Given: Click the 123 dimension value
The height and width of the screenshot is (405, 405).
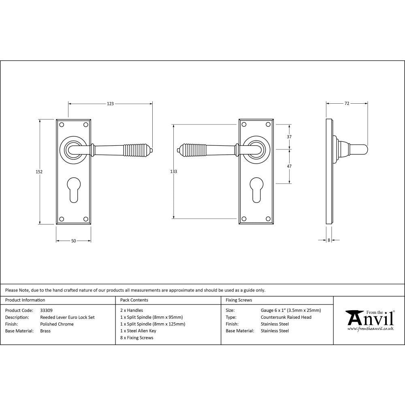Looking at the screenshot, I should coord(110,104).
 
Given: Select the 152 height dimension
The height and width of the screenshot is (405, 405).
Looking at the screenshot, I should coord(39,172).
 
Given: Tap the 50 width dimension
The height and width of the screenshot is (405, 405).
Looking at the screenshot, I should coord(73,241).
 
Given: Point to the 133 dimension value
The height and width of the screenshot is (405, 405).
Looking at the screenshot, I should coord(173,172).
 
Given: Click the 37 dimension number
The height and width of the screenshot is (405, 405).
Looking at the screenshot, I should coord(289,137).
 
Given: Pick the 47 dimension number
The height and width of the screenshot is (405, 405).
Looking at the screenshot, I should coord(289,166).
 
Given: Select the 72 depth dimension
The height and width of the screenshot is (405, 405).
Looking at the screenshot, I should coord(347,104).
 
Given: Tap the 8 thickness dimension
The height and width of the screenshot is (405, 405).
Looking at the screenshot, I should coord(329,240).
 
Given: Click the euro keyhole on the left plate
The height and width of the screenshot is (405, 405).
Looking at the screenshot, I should coord(73,190).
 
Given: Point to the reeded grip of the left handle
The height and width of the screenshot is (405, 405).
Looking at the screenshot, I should coord(137,150).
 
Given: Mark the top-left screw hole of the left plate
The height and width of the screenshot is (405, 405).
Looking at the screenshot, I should coord(62,124).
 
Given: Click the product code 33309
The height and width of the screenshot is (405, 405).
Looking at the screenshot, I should coord(47,311).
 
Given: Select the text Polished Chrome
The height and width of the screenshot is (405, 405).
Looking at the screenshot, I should coord(57,324).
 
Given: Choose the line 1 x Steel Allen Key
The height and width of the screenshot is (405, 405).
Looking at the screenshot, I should coord(138,331).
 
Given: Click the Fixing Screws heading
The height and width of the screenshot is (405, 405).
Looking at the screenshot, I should coord(239,300).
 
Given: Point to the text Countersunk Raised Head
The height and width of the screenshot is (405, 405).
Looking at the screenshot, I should coord(286,318).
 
